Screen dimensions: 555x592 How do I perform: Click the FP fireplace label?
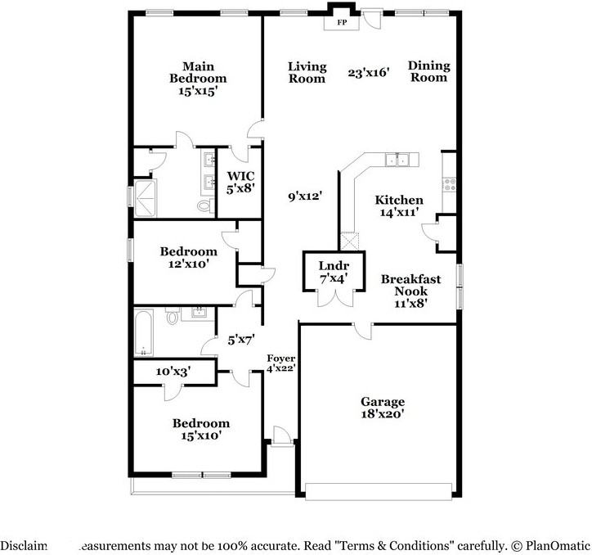click(x=342, y=23)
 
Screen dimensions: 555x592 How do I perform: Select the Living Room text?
click(x=307, y=73)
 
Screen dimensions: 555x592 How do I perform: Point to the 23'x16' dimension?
click(x=369, y=73)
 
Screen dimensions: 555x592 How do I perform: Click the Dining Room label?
click(x=428, y=72)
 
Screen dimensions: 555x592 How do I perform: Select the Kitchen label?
click(x=398, y=205)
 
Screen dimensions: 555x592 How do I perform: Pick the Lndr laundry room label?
click(x=334, y=272)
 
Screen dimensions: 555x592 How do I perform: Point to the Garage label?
click(x=383, y=408)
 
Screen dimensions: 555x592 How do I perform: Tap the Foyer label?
click(x=281, y=363)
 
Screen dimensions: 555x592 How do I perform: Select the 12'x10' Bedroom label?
click(x=188, y=258)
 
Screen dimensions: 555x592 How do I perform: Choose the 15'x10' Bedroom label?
click(x=200, y=429)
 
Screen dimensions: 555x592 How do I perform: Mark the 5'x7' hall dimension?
click(x=240, y=338)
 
